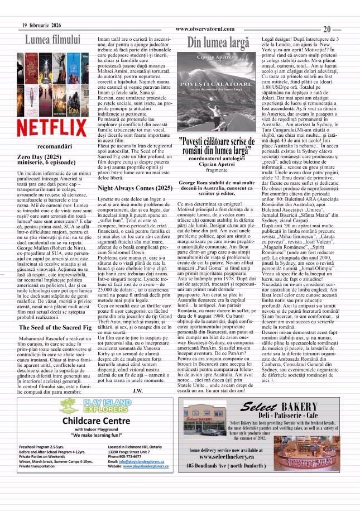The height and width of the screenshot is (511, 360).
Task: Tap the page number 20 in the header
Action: (x=328, y=29)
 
